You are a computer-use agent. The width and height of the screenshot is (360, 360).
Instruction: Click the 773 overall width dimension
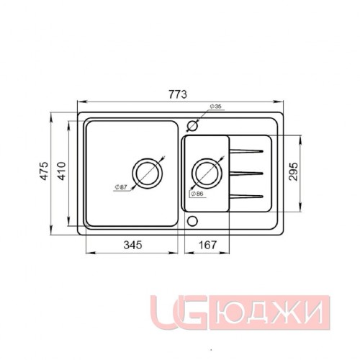click(178, 94)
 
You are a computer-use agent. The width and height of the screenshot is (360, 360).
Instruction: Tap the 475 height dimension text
click(45, 171)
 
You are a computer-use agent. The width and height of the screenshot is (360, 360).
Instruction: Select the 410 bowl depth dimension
click(62, 171)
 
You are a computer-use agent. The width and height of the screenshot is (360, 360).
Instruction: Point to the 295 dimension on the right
click(293, 171)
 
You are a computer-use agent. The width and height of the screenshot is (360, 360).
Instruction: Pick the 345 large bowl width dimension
click(132, 245)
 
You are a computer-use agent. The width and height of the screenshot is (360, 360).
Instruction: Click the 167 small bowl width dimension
click(207, 245)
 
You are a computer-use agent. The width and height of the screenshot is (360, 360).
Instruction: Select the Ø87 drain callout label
click(121, 187)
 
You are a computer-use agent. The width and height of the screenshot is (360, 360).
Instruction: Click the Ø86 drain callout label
click(197, 194)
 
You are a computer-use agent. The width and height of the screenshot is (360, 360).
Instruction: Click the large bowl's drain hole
click(147, 160)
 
